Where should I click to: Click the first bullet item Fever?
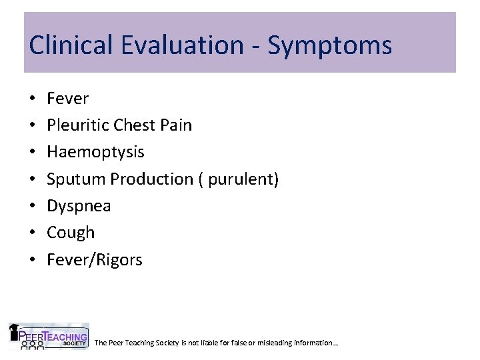click(67, 99)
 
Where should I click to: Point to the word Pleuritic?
click(77, 125)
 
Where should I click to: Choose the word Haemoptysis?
click(95, 153)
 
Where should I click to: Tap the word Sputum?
click(76, 179)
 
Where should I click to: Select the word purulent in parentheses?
click(243, 179)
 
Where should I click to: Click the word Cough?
click(71, 233)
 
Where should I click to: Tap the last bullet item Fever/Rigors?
click(95, 260)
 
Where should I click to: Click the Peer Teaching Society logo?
click(49, 337)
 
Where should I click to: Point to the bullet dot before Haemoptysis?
click(33, 153)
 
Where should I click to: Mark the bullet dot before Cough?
click(33, 233)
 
